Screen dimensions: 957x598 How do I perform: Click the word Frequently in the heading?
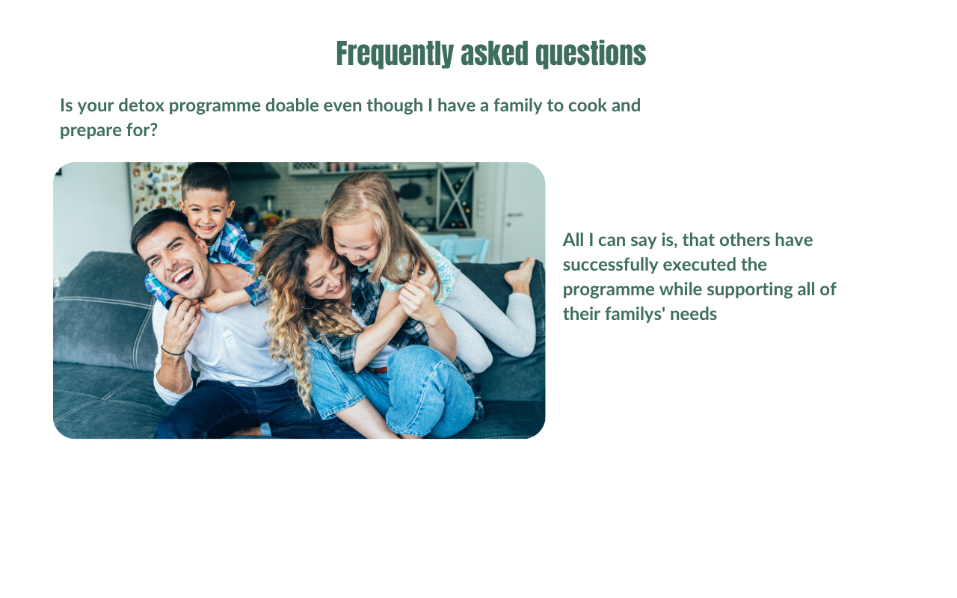(x=395, y=55)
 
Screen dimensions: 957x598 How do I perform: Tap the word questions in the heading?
(x=591, y=55)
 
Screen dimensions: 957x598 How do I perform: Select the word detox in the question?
(x=141, y=105)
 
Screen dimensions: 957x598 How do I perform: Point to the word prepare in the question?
(x=90, y=130)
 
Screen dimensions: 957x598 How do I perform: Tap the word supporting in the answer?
(x=752, y=289)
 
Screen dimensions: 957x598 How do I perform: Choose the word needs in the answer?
(x=693, y=315)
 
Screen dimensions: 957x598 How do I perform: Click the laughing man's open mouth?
(x=184, y=277)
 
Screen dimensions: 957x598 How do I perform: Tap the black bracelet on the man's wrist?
(x=173, y=351)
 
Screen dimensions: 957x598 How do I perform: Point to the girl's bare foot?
(x=520, y=274)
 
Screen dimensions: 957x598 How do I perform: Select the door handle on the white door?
(x=515, y=215)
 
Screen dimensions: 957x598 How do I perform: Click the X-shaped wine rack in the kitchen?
(x=456, y=198)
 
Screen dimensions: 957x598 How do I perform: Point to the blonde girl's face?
(x=355, y=244)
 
